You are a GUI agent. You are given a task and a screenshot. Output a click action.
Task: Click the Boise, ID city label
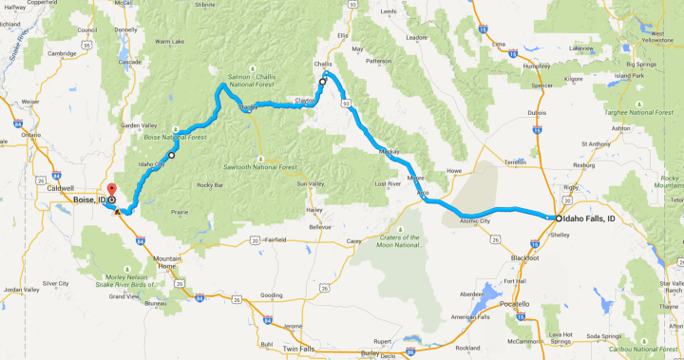tap(88, 200)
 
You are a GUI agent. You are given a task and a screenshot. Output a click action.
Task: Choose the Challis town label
tap(324, 65)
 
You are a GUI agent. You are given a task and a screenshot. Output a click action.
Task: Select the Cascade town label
tap(130, 62)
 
